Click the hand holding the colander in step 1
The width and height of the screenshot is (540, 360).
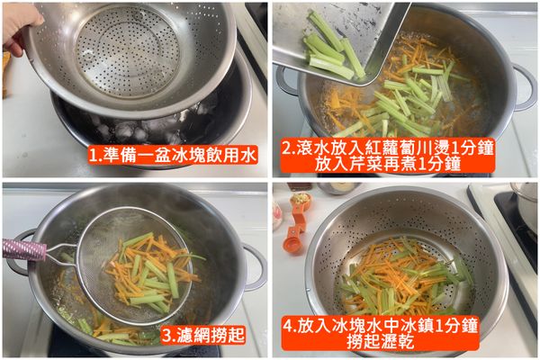coord(20,22)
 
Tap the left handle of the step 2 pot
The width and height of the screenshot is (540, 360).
coord(286,81)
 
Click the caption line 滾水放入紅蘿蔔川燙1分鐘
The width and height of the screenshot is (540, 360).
coord(401,146)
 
